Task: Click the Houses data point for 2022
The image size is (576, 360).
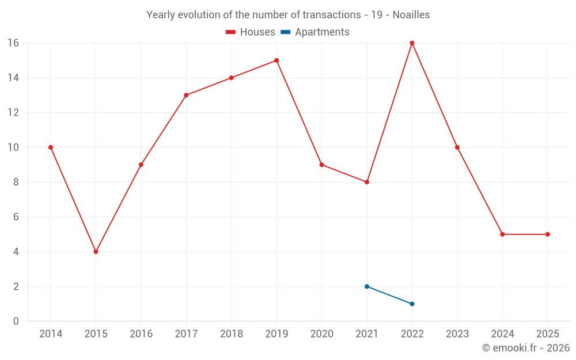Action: [412, 43]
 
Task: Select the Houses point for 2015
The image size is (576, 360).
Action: [96, 252]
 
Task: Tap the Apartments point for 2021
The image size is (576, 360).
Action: [367, 286]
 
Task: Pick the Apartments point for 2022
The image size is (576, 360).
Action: [412, 304]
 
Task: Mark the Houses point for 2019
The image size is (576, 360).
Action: [276, 60]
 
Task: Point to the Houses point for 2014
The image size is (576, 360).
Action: [51, 147]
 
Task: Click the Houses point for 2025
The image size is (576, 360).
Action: [547, 234]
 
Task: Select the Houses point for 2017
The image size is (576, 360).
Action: [186, 95]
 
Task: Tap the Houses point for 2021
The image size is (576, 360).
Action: [367, 182]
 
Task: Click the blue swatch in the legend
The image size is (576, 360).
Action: [285, 32]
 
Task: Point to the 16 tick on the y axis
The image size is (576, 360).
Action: [13, 43]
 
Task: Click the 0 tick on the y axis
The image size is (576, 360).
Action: [16, 321]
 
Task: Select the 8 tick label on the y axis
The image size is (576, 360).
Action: [16, 182]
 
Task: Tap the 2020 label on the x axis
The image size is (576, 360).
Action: [321, 334]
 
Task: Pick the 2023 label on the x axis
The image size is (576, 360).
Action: [457, 334]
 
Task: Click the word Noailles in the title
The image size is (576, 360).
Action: [411, 15]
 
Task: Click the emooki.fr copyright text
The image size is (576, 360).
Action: [525, 348]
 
